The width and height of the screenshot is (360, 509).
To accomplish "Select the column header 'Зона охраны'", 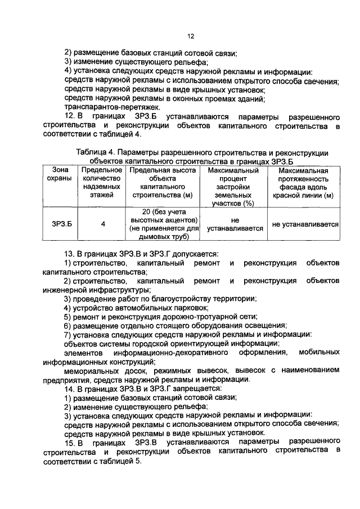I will click(x=59, y=174).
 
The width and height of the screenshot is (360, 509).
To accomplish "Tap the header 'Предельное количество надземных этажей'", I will click(x=102, y=182).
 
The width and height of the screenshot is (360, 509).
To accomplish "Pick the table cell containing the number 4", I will click(x=103, y=224).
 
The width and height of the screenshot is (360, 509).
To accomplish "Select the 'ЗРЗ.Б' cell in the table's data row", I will click(x=59, y=224).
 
